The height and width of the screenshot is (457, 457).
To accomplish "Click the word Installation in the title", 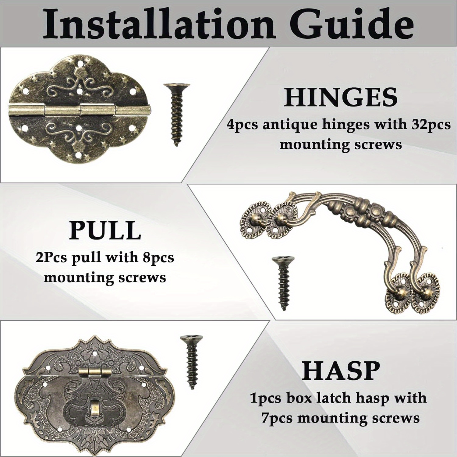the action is click(x=158, y=24).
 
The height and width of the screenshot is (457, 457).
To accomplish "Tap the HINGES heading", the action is click(x=341, y=97).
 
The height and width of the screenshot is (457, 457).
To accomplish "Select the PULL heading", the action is click(x=105, y=230).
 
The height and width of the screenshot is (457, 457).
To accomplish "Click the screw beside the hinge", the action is click(x=177, y=115).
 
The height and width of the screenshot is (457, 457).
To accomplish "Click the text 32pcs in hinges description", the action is click(x=431, y=125).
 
